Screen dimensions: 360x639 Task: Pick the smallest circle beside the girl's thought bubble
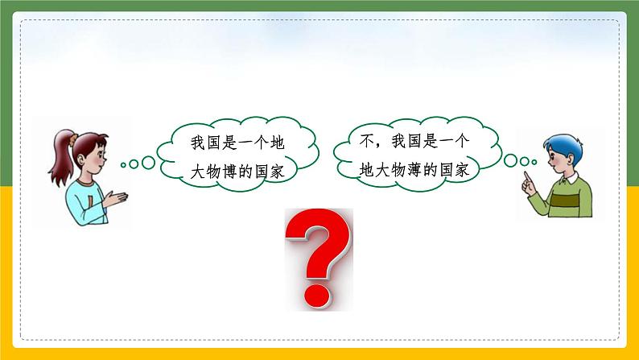click(x=123, y=166)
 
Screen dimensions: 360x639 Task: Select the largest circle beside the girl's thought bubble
click(x=148, y=163)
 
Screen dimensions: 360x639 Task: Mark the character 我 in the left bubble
click(x=196, y=143)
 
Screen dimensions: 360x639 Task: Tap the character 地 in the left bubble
click(x=278, y=143)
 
